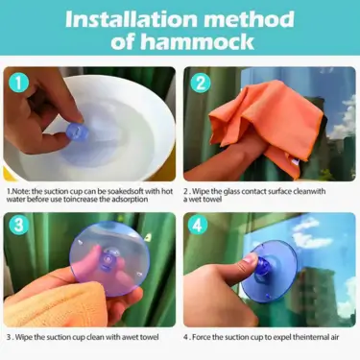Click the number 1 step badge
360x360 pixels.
click(x=19, y=83)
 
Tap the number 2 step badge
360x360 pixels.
click(x=201, y=83)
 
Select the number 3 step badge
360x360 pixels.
click(x=19, y=225)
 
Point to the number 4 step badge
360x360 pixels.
click(x=198, y=225)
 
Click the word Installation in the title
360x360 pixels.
click(x=132, y=19)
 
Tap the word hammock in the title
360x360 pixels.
click(x=198, y=41)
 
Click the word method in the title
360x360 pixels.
click(x=250, y=19)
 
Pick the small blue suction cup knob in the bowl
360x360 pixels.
click(x=78, y=132)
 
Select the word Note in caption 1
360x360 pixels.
click(x=20, y=191)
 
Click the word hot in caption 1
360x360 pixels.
click(x=167, y=191)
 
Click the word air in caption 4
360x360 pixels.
click(x=334, y=337)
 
